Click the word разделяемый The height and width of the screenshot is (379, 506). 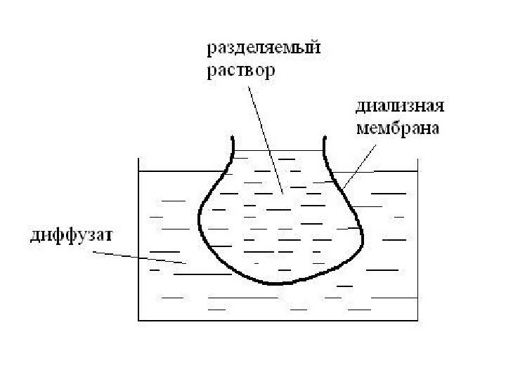[262, 50]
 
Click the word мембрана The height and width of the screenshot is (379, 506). [398, 128]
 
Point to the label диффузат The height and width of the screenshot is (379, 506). [63, 234]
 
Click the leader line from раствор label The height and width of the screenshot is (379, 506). [265, 137]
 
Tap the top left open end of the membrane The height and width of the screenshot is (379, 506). [233, 139]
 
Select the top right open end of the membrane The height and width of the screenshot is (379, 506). [324, 139]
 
